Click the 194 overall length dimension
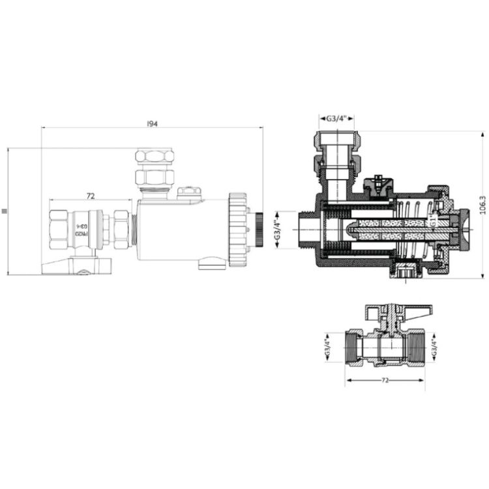pyautogui.click(x=153, y=123)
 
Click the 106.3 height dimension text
pyautogui.click(x=482, y=207)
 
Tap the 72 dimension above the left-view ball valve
pyautogui.click(x=91, y=196)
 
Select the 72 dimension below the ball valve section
pyautogui.click(x=385, y=378)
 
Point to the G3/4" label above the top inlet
pyautogui.click(x=336, y=119)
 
